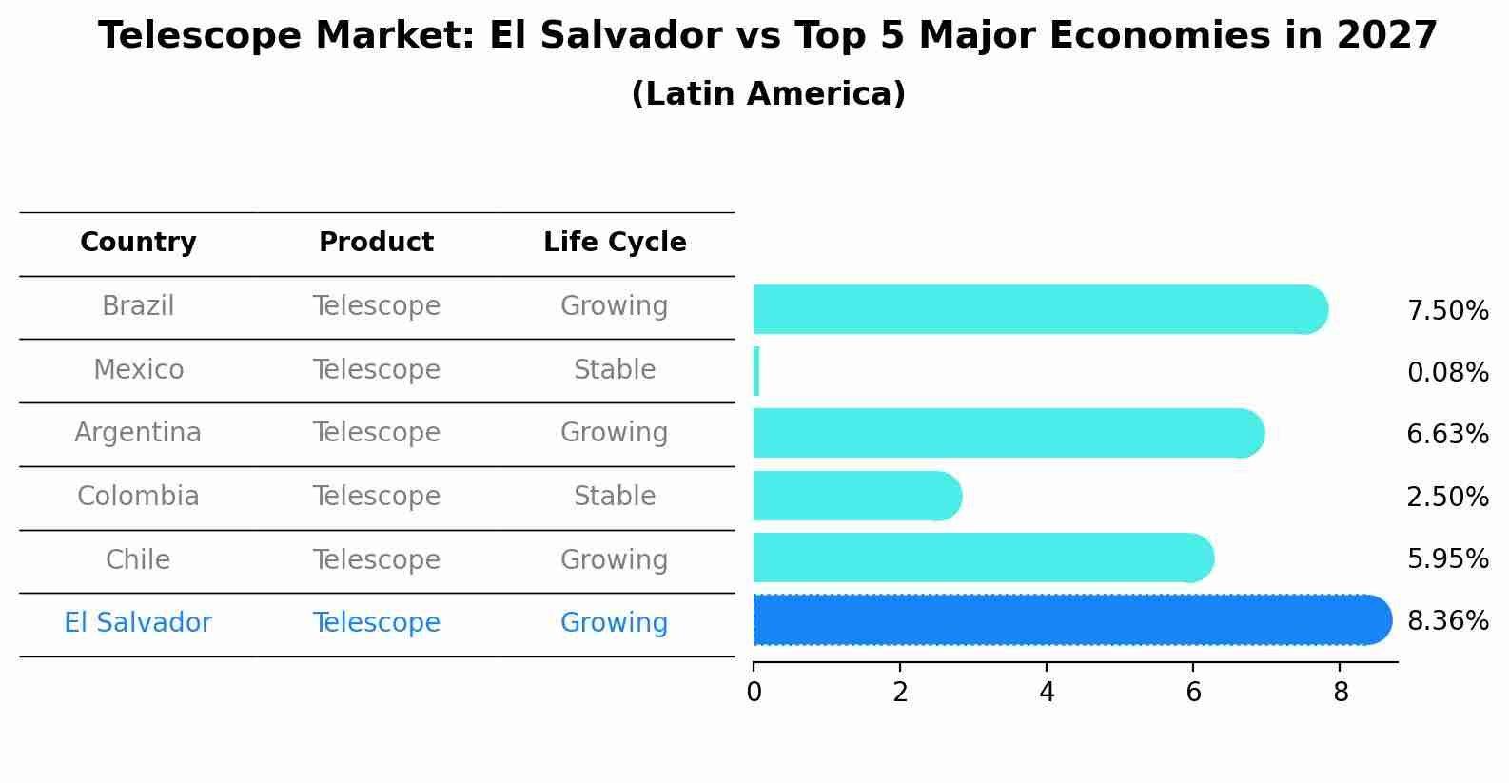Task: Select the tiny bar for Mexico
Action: click(x=756, y=371)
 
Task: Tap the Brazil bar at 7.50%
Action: click(x=1037, y=309)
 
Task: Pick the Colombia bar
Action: click(x=856, y=496)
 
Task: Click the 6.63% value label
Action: click(x=1447, y=435)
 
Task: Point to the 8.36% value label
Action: click(x=1447, y=621)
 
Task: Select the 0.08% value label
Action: click(x=1447, y=373)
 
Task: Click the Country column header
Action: click(x=138, y=243)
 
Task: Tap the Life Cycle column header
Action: click(x=615, y=243)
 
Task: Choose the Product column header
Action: click(x=376, y=243)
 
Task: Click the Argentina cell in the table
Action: click(x=138, y=433)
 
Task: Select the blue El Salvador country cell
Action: click(x=138, y=623)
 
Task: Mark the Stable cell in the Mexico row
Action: click(x=615, y=370)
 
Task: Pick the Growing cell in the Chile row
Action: click(x=615, y=559)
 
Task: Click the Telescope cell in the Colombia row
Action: click(x=376, y=497)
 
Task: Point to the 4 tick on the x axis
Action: click(x=1047, y=692)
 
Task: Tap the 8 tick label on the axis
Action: click(x=1341, y=693)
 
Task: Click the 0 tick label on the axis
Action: click(x=754, y=693)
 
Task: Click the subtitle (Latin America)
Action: click(x=768, y=94)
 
